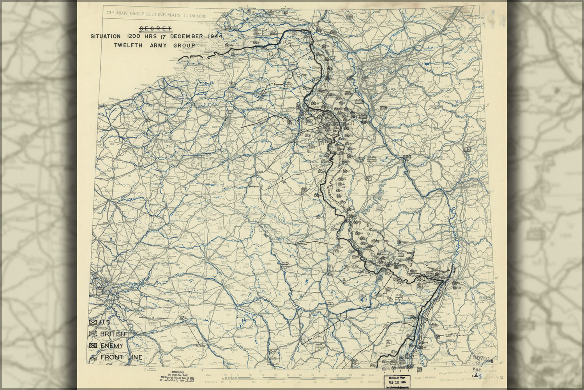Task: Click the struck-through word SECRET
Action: point(155,28)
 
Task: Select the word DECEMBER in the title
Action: point(186,36)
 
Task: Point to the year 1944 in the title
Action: point(215,36)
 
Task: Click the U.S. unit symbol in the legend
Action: point(93,323)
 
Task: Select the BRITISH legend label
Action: point(113,334)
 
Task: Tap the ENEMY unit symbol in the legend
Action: point(93,346)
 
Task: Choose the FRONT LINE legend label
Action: point(121,357)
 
